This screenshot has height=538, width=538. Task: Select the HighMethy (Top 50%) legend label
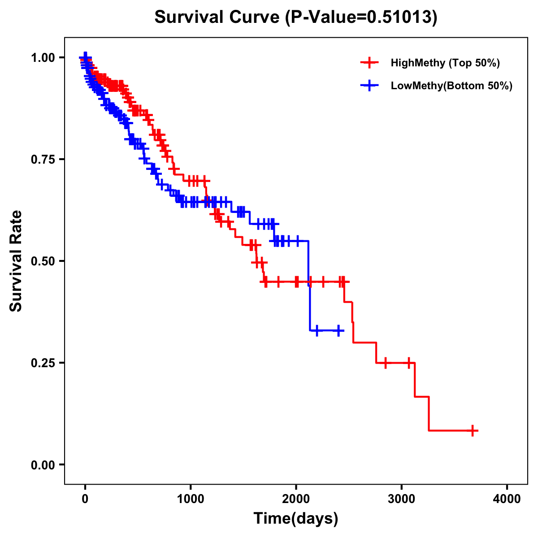tap(445, 63)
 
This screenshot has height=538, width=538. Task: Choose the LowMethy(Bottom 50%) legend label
tap(451, 86)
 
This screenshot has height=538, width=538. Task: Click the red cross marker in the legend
tap(369, 63)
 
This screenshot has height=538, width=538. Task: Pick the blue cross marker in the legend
tap(369, 86)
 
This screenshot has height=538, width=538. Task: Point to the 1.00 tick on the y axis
tap(43, 57)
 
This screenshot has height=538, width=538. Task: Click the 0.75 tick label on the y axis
tap(43, 159)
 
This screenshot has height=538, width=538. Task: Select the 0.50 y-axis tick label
tap(43, 261)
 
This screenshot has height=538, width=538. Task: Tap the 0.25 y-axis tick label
tap(43, 363)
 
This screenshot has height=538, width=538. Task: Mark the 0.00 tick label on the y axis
tap(43, 464)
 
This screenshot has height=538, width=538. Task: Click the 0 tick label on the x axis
tap(85, 499)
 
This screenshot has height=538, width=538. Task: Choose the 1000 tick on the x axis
tap(191, 499)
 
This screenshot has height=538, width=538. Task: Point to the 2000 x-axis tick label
tap(296, 499)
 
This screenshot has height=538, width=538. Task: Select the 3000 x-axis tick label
tap(402, 499)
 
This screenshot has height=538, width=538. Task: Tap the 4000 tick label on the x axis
tap(507, 499)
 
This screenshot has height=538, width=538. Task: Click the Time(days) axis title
tap(296, 519)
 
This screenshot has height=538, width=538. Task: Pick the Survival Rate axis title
tap(16, 261)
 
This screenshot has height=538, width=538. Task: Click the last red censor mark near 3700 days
tap(472, 430)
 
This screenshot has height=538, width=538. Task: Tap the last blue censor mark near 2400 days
tap(338, 330)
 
